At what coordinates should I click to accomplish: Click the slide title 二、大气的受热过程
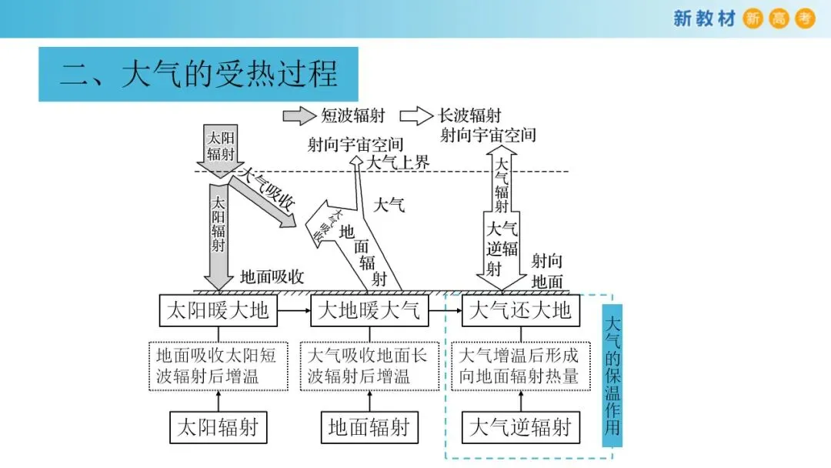(199, 74)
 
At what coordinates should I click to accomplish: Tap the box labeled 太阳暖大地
(219, 310)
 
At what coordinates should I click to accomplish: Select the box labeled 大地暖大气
(369, 310)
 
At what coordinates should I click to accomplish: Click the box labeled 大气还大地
(520, 310)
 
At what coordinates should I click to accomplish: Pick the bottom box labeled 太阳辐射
(219, 427)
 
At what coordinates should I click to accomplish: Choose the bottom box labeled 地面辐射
(369, 427)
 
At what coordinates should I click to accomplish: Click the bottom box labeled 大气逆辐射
(520, 427)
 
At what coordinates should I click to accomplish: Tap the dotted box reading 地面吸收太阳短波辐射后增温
(219, 366)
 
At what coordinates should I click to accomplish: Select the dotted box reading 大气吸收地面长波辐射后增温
(369, 366)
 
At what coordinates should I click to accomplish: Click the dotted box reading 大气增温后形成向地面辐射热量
(520, 366)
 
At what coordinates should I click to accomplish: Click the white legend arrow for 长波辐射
(416, 116)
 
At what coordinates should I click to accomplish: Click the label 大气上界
(397, 162)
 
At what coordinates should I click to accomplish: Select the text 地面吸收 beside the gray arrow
(272, 277)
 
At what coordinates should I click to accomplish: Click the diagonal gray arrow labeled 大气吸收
(265, 198)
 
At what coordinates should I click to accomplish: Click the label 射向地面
(547, 271)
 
